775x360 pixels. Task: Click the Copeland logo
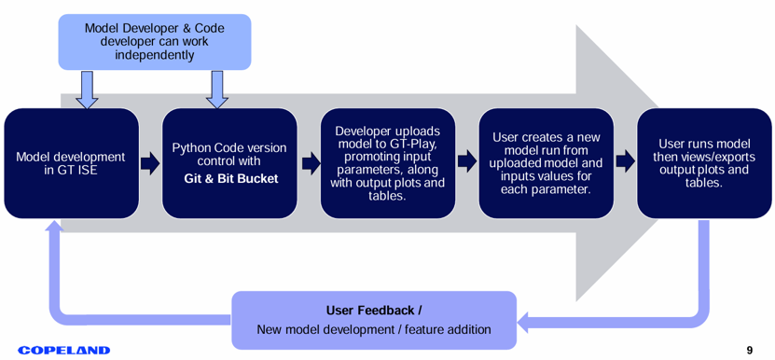[63, 350]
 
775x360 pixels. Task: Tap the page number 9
[749, 351]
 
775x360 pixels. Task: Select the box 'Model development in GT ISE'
[71, 164]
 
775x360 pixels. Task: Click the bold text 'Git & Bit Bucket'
[231, 178]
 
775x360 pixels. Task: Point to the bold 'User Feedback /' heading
[374, 311]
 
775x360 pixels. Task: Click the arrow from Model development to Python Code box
[150, 164]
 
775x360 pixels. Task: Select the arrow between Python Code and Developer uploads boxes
[311, 164]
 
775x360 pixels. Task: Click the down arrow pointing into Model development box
[87, 89]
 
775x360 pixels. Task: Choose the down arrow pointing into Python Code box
[217, 89]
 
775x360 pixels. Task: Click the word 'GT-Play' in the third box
[418, 145]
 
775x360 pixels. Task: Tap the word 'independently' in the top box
[155, 54]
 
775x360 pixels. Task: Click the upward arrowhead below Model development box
[54, 226]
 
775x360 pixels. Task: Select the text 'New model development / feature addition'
[374, 329]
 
